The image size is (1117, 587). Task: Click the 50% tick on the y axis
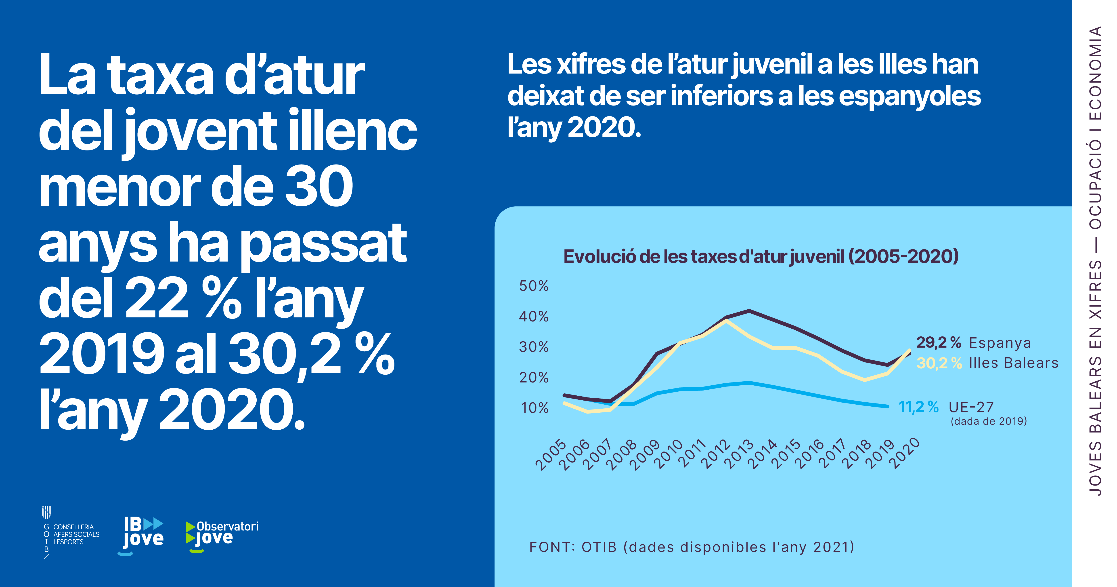click(534, 286)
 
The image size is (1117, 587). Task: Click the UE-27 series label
click(971, 407)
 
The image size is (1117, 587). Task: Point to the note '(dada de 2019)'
click(989, 421)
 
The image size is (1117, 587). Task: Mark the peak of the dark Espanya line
click(749, 311)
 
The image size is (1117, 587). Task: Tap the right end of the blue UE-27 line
click(888, 407)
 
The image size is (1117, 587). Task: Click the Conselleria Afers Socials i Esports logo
click(71, 534)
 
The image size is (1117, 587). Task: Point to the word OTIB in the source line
click(599, 547)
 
